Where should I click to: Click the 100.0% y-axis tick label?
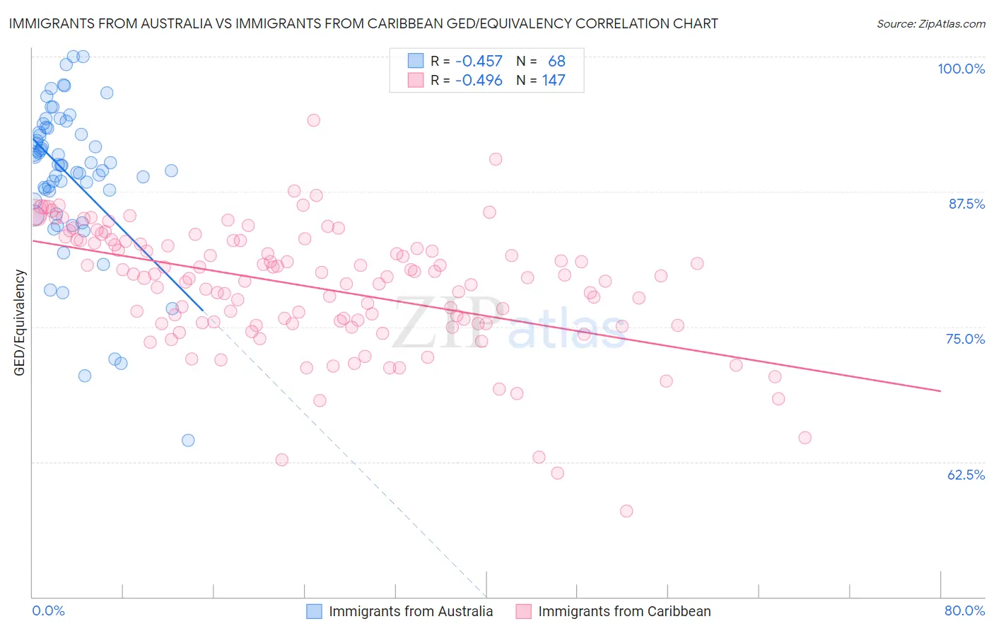[961, 69]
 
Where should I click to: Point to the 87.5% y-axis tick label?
[966, 204]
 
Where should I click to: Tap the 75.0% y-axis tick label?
[965, 339]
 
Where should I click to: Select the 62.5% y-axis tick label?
[966, 475]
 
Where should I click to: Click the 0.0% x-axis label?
[48, 610]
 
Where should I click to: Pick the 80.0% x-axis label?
[964, 610]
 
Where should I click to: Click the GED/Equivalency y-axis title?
[20, 323]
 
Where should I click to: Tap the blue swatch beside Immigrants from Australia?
[314, 611]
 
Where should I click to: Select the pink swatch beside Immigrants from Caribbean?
[523, 611]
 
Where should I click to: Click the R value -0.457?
[479, 62]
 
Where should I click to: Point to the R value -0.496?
[479, 81]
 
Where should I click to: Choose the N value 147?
[554, 81]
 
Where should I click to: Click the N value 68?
[556, 62]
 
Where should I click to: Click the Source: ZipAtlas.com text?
[930, 24]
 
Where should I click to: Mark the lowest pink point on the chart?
[626, 511]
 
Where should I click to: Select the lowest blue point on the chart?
[188, 440]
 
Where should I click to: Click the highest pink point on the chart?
[313, 120]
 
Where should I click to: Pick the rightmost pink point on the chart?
[805, 438]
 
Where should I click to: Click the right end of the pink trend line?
[940, 390]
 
